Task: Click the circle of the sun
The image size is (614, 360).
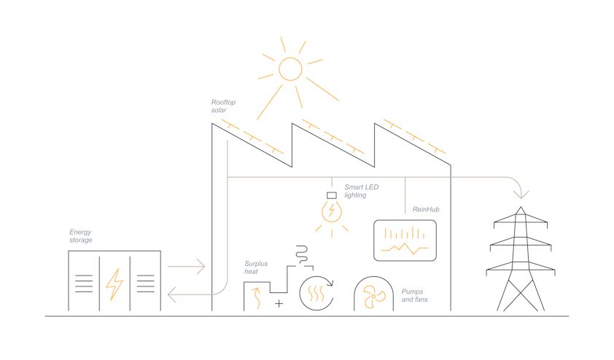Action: pos(290,69)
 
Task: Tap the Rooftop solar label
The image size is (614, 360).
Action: pos(223,106)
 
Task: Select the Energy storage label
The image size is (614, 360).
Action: pos(81,236)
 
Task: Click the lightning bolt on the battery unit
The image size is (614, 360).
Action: pos(114,284)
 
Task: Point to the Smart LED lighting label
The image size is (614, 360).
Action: pos(362,192)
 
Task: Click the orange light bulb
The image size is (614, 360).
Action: pos(332,212)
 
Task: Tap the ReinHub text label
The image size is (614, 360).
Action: pos(426,210)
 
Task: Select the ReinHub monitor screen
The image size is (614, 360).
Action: pos(405,240)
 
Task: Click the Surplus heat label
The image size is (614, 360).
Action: pos(256,267)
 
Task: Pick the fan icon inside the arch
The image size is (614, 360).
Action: pos(374,295)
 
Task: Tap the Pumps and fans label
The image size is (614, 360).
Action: pos(415,296)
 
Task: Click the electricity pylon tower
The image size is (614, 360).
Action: pos(521,262)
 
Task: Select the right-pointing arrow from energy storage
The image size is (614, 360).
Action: pos(187,267)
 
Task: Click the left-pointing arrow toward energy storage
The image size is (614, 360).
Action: pos(186,295)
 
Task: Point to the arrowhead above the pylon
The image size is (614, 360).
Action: pos(521,194)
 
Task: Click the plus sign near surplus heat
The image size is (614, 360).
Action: pos(279,303)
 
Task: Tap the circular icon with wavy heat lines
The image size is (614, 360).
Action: pos(316,294)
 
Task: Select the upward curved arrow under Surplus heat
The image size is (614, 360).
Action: pos(256,298)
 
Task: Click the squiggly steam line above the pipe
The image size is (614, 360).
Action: pos(301,254)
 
